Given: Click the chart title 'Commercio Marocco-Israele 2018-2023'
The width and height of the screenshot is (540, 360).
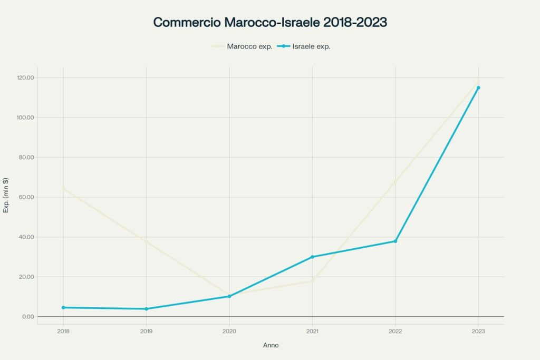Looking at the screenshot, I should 270,23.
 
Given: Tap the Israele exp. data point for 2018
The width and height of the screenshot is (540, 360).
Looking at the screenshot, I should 63,307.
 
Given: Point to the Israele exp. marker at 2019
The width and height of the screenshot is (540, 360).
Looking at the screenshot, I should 146,309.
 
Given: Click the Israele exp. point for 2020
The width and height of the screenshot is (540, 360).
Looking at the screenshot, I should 229,296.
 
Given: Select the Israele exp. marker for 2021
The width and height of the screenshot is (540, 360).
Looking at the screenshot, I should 312,257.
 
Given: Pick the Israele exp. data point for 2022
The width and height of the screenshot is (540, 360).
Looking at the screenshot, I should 396,241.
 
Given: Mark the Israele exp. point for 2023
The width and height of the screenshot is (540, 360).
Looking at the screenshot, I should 478,87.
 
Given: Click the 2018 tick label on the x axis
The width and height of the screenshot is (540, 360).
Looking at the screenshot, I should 63,332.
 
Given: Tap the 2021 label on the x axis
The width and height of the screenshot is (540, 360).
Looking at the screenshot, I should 312,332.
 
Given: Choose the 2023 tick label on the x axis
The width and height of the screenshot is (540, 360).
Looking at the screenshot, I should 478,332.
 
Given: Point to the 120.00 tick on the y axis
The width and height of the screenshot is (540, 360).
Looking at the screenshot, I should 25,78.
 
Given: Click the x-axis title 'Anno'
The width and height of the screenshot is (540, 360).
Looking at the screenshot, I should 271,345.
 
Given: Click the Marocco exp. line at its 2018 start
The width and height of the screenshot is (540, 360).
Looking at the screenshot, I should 63,188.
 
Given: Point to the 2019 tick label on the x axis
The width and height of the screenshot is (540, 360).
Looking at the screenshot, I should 146,332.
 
